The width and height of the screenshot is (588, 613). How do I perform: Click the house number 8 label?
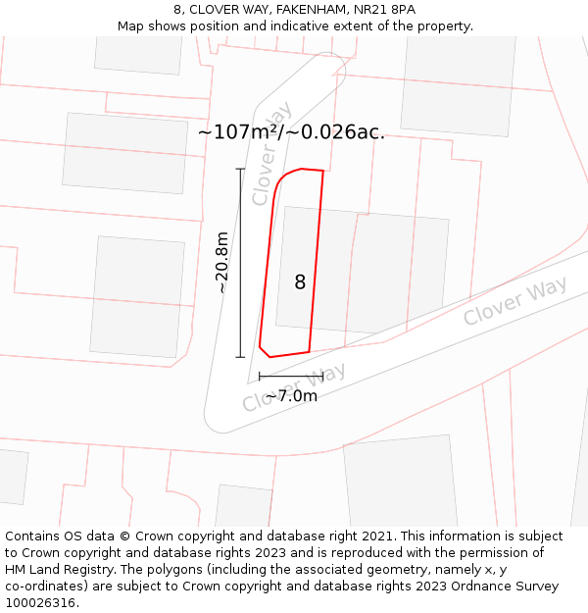(300, 282)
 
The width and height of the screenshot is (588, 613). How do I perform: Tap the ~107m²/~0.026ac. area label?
(291, 132)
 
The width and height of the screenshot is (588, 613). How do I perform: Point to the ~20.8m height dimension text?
(221, 263)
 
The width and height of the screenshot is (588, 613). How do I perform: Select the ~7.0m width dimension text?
(291, 396)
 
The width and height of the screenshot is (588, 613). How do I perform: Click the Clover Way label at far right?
(514, 301)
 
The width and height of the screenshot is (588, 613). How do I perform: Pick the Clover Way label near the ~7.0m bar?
(294, 387)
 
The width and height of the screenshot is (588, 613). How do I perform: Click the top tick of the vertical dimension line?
(240, 169)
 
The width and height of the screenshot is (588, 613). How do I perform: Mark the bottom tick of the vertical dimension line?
(240, 357)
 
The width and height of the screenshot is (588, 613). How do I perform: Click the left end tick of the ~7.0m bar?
(260, 376)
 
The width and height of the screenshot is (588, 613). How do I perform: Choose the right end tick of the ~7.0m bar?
(322, 376)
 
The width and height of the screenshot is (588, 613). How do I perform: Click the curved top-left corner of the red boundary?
(282, 179)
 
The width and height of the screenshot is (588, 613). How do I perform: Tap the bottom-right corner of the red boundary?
(310, 351)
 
